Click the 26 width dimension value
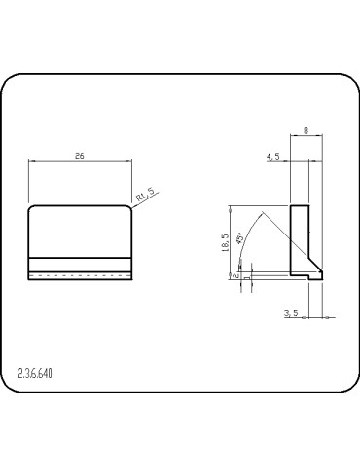80,156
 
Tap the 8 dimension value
306,130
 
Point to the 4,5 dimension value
273,157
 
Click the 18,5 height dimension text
226,243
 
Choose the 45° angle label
240,237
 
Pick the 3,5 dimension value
291,313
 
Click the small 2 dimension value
236,275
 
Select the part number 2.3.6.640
35,374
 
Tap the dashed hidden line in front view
80,275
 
